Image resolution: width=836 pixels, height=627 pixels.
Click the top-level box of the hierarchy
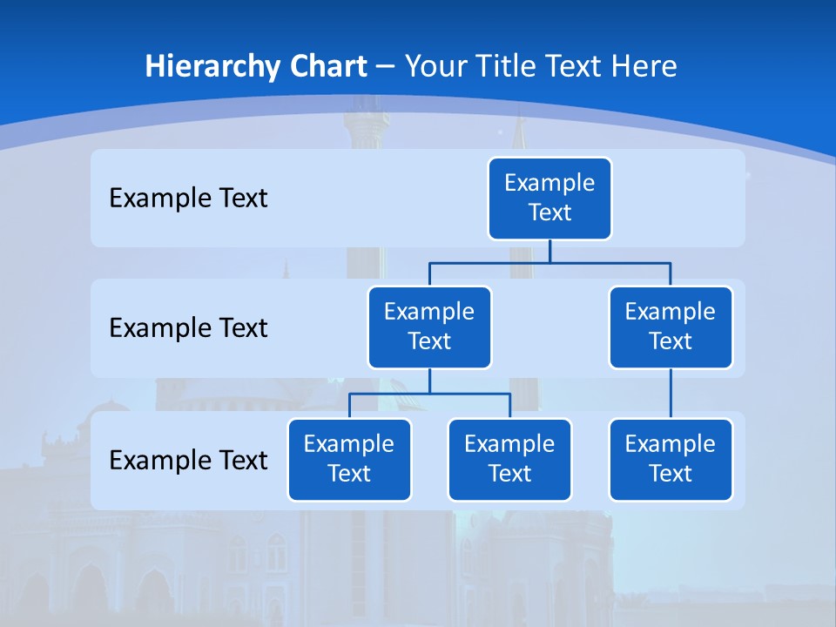[x=549, y=198]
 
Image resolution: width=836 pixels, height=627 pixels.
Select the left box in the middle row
[x=429, y=327]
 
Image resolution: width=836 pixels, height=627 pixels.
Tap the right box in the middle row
[x=671, y=327]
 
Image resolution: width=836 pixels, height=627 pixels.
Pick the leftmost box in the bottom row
[x=349, y=459]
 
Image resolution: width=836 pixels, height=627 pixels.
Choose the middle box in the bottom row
[x=509, y=459]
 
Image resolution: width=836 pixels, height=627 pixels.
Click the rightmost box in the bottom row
[x=671, y=459]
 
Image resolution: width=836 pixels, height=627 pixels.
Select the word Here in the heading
[x=644, y=66]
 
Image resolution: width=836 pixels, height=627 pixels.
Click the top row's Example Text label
[x=188, y=199]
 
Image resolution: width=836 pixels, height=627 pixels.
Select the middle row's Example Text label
[x=188, y=328]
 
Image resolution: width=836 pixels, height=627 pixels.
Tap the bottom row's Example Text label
[x=188, y=461]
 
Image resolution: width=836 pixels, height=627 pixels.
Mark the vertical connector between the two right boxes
[x=671, y=394]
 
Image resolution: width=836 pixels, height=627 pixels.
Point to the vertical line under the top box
[x=549, y=251]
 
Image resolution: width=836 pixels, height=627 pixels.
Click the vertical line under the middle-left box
[x=429, y=381]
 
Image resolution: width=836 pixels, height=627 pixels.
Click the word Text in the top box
[x=549, y=212]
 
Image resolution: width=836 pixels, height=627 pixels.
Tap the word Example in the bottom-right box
[x=671, y=444]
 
